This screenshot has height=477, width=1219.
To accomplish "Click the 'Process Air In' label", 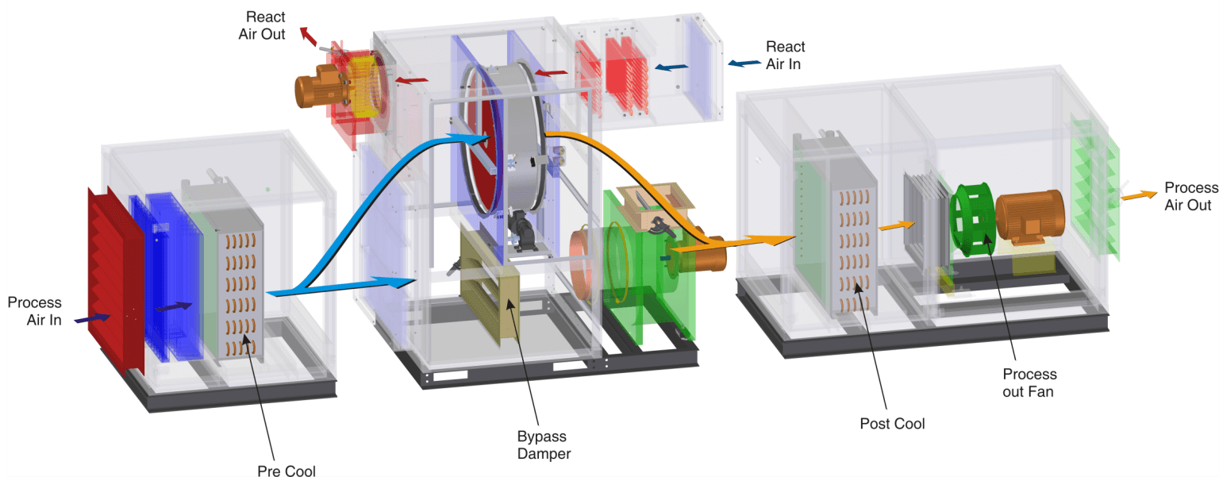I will [x=34, y=311].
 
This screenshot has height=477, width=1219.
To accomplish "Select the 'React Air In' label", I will [x=784, y=56].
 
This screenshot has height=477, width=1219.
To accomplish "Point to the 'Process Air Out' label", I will [x=1190, y=196].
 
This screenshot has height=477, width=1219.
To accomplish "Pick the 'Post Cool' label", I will [x=892, y=423].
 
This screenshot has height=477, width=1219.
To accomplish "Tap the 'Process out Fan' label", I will [x=1029, y=383].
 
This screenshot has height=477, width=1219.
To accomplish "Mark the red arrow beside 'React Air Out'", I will [x=308, y=36].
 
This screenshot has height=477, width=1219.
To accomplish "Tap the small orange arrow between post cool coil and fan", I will [x=892, y=225].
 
